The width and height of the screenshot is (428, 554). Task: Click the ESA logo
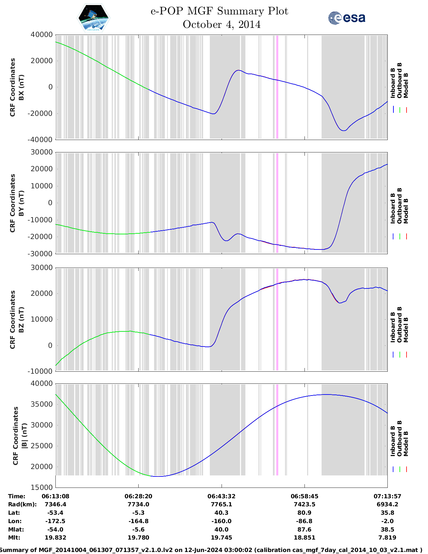point(346,18)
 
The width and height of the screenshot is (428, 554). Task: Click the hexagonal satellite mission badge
point(94,18)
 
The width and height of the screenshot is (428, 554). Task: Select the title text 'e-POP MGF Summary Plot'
point(219,11)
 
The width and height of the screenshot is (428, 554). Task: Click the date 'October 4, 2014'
point(222,25)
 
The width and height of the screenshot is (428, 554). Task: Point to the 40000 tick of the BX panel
point(42,35)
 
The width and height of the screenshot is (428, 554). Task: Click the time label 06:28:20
point(138,496)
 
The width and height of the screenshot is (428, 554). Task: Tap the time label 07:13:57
point(387,496)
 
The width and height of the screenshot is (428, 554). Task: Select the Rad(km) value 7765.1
point(222,504)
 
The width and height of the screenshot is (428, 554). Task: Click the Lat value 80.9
point(304,513)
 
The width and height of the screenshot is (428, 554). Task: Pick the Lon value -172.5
point(55,521)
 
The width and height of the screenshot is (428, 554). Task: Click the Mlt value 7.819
point(387,538)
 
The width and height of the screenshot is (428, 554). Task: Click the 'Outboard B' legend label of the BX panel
point(399,81)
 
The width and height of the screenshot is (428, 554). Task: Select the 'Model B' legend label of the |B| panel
point(406,444)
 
